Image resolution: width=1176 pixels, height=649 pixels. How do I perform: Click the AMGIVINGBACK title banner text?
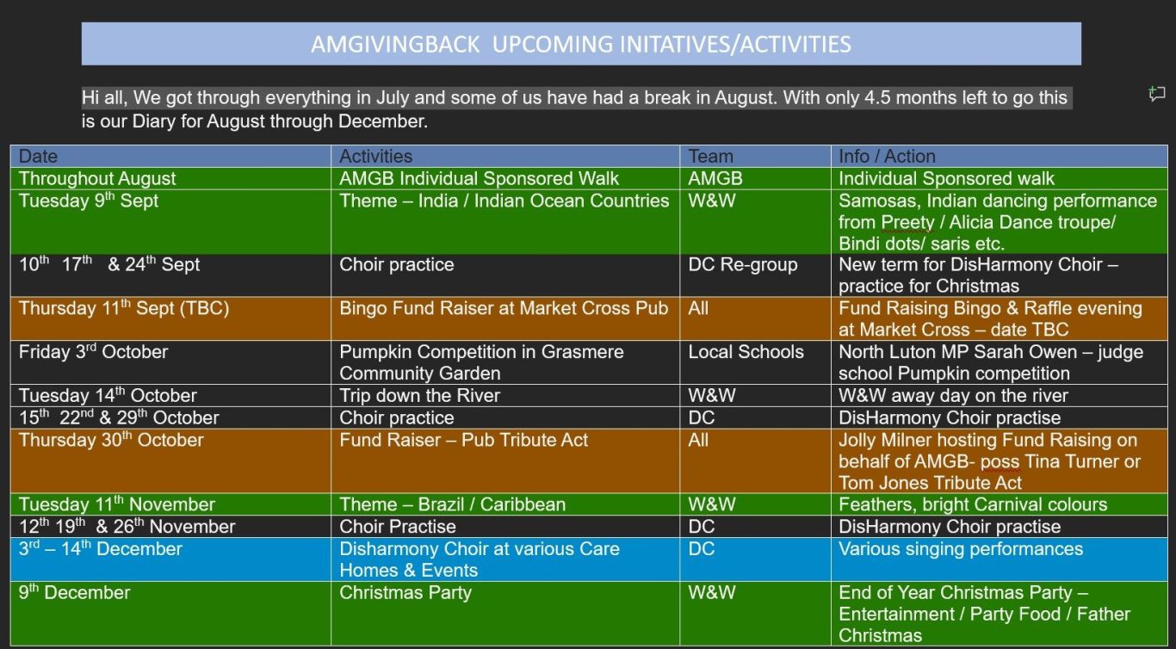[x=580, y=44]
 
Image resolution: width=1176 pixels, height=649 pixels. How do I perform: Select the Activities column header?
[x=505, y=157]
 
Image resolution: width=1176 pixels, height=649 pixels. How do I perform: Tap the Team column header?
[x=755, y=157]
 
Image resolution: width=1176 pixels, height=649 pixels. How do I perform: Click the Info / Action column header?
[x=999, y=157]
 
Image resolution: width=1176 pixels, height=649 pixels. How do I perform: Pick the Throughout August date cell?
[x=170, y=178]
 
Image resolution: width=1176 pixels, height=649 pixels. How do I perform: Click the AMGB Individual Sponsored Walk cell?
[x=505, y=178]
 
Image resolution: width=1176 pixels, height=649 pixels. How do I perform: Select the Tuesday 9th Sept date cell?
[x=170, y=222]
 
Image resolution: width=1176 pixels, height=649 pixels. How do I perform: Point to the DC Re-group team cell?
[x=755, y=275]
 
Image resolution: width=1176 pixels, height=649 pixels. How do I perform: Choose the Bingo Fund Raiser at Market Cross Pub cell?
[x=505, y=318]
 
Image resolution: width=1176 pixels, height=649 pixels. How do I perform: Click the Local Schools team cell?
[x=755, y=362]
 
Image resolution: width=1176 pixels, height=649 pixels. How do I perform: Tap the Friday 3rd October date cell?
[x=170, y=362]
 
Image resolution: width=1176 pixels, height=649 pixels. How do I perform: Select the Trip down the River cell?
[x=505, y=395]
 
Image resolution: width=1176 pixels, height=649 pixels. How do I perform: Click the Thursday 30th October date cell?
[x=170, y=461]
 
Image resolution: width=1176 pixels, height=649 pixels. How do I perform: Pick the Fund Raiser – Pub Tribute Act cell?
[x=505, y=461]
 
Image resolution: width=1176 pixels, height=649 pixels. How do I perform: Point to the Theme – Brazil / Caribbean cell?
[x=505, y=504]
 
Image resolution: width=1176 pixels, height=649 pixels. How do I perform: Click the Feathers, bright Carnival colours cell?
[x=999, y=504]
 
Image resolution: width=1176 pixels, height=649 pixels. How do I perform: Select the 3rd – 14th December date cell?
[x=170, y=559]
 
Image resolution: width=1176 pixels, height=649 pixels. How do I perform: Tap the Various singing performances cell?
[x=999, y=559]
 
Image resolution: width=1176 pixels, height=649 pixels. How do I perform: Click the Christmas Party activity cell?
[x=505, y=614]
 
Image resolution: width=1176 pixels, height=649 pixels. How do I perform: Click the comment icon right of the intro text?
[x=1156, y=94]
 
